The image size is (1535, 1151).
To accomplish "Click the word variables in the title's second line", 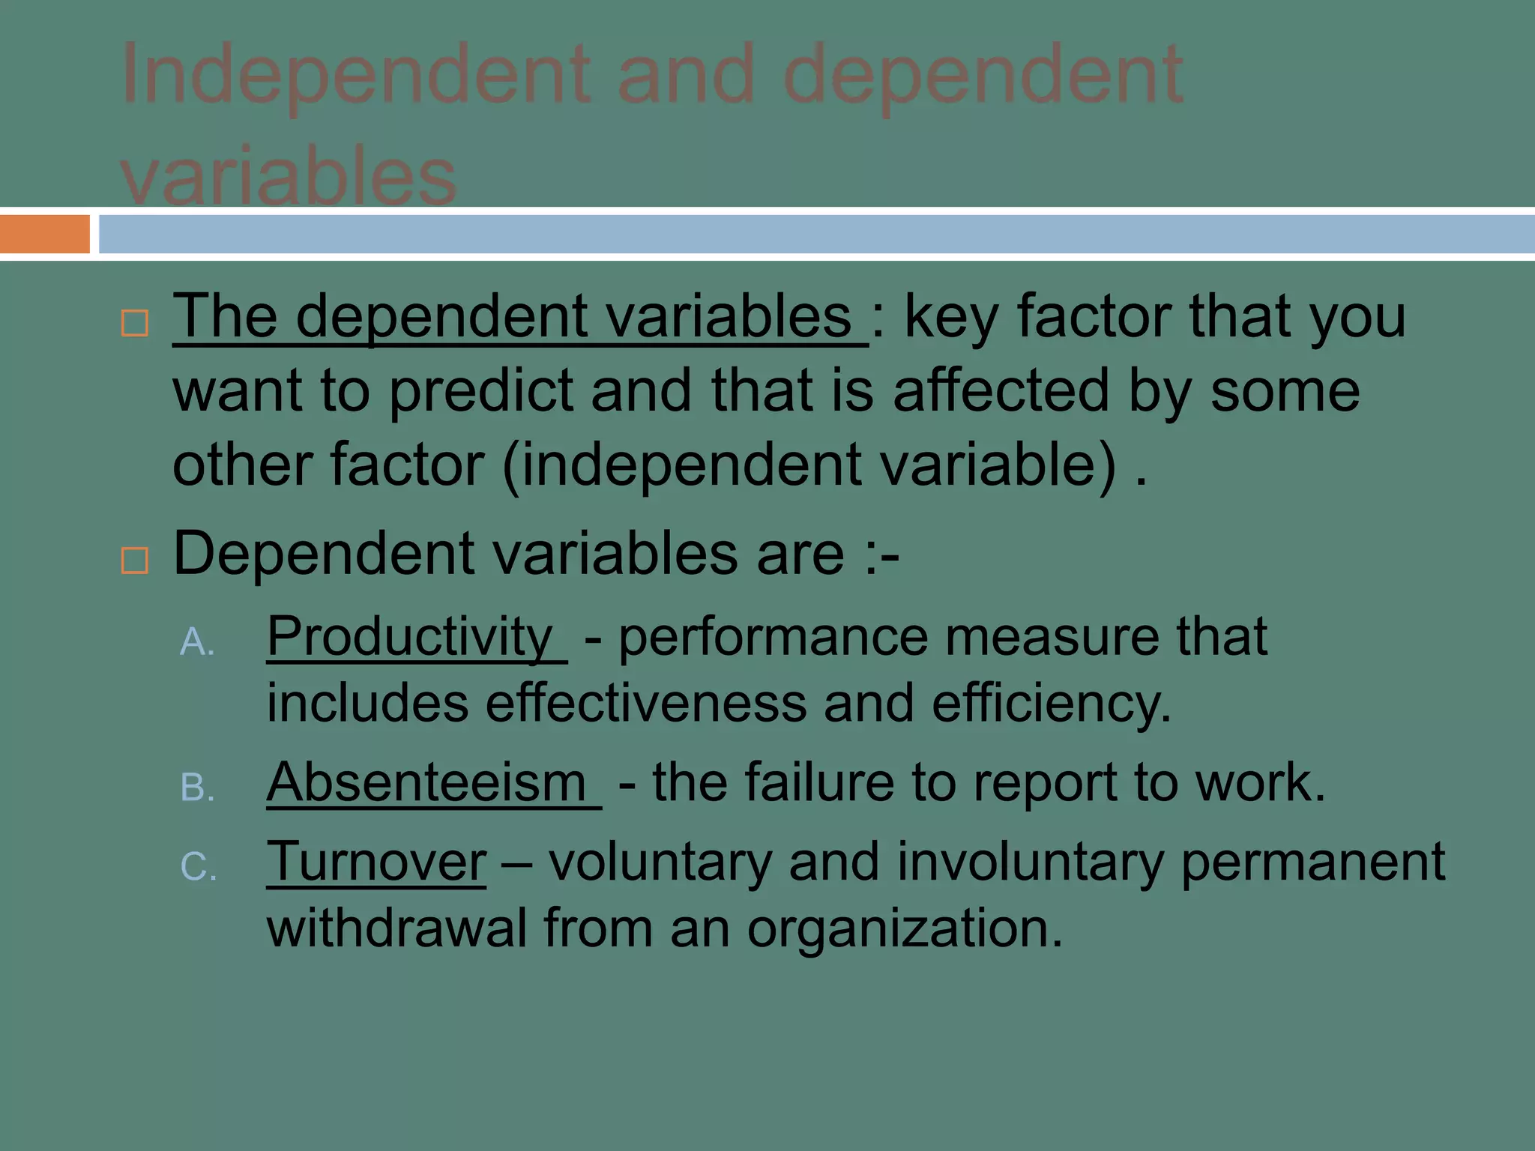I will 289,177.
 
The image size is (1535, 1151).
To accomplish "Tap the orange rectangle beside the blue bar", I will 44,234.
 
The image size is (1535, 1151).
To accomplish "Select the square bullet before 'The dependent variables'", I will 135,324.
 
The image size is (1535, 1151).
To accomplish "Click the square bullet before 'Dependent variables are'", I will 135,560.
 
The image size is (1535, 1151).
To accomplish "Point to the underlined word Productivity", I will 410,637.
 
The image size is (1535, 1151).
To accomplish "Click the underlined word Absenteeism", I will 426,783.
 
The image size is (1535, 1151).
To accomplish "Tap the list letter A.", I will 197,642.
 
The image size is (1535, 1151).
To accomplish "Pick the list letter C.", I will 199,867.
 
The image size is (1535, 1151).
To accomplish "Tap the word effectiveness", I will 645,704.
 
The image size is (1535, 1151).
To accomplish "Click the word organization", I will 905,930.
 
